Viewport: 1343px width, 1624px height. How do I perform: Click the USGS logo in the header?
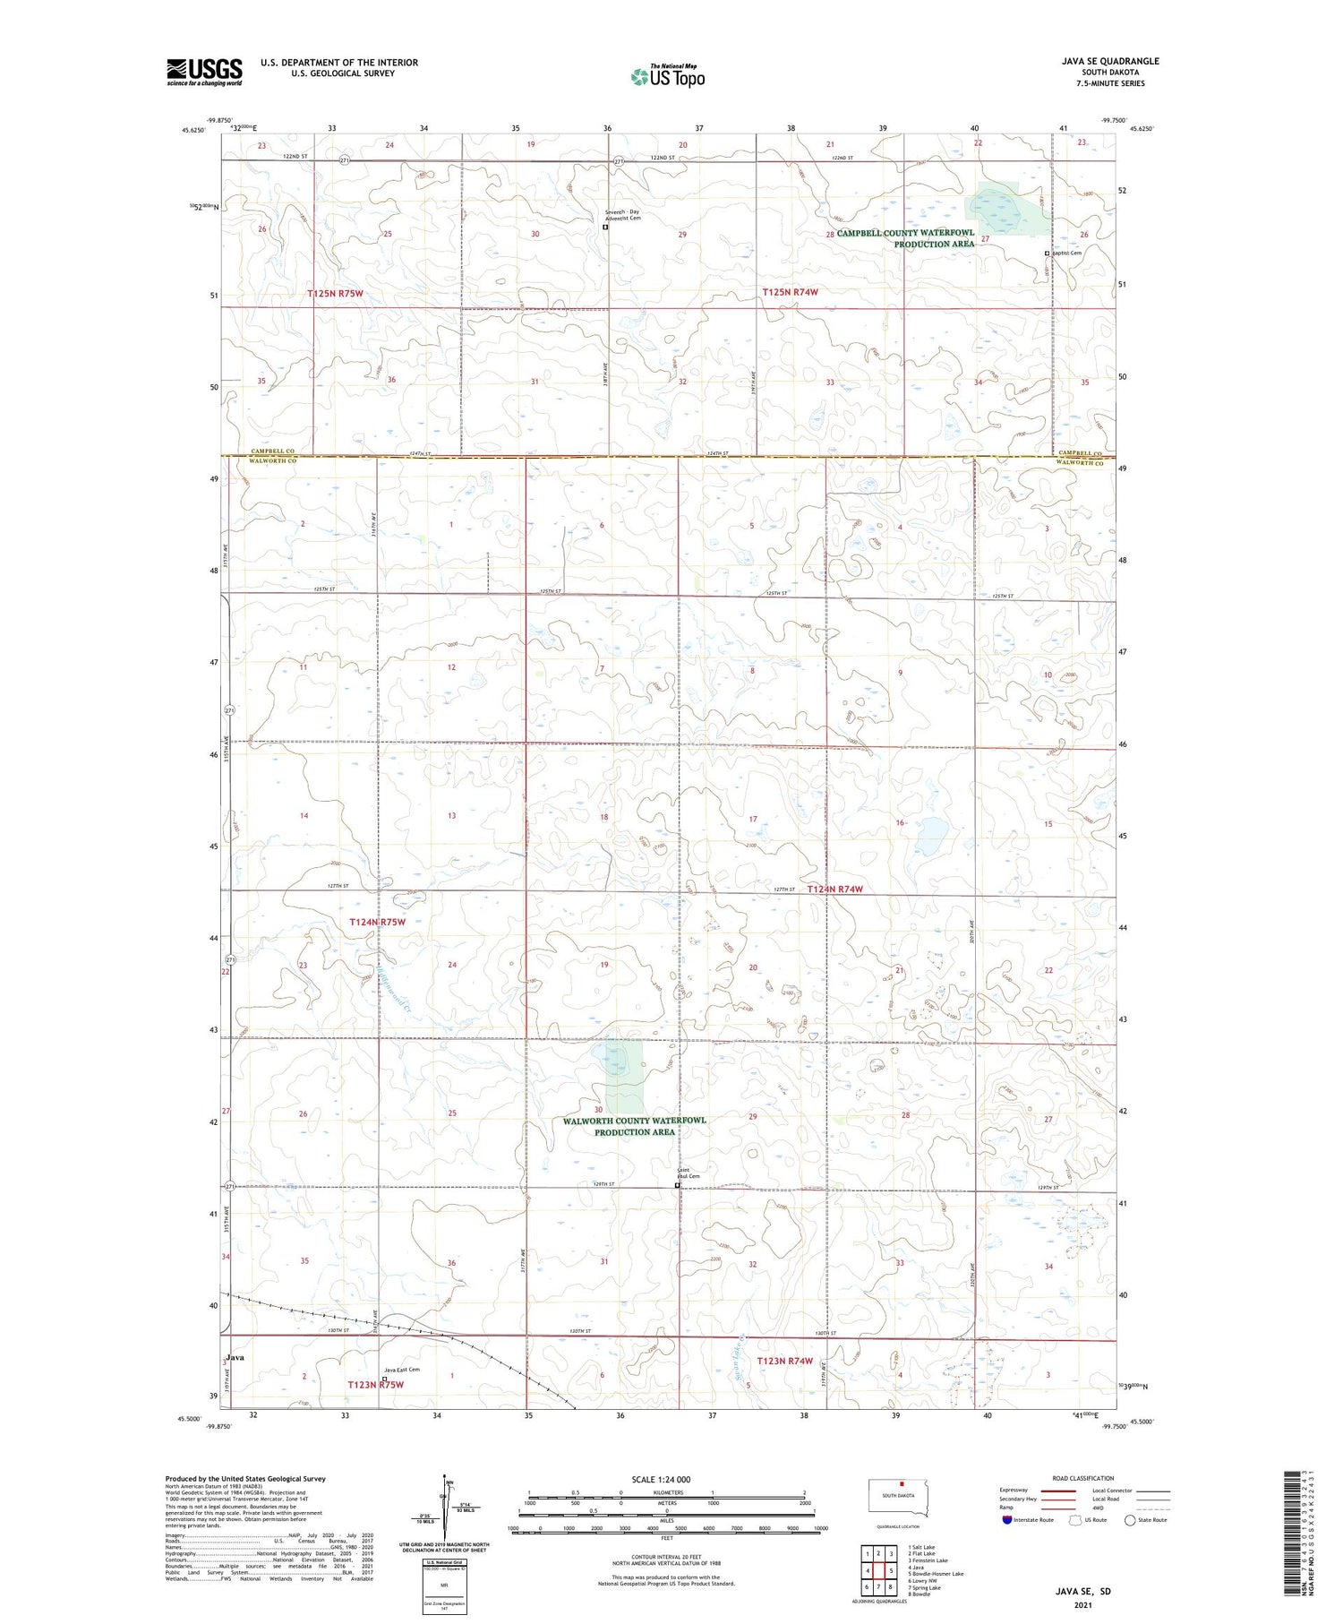point(204,72)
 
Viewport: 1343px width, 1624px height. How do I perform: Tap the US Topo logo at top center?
point(668,77)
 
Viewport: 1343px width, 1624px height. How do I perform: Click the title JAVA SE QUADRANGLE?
point(1110,61)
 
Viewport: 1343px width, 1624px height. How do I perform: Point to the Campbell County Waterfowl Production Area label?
point(905,238)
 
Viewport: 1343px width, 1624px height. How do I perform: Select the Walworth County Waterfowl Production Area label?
point(635,1126)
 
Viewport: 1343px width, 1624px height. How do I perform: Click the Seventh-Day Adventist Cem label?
point(622,215)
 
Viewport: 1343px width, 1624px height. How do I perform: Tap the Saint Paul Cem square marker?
point(678,1186)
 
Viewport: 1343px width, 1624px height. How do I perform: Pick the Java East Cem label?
point(401,1370)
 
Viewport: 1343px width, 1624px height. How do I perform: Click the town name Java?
point(235,1357)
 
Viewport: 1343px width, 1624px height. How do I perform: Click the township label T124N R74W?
point(834,889)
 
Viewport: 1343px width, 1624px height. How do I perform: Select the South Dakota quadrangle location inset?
point(899,1497)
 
